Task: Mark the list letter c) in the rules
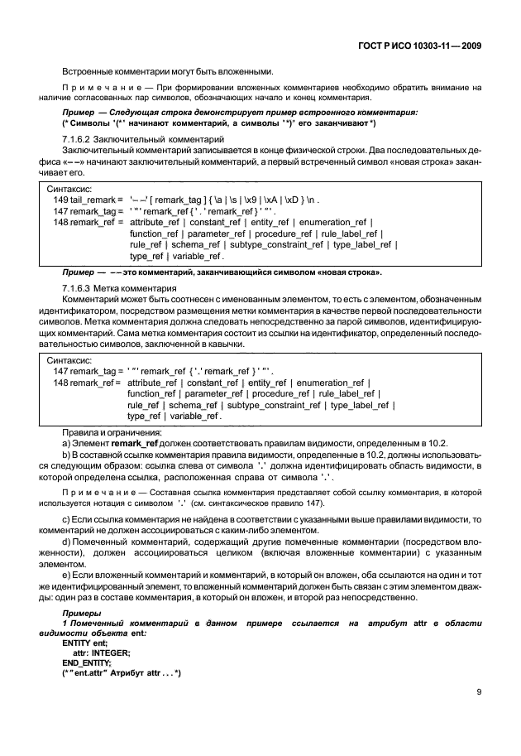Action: pyautogui.click(x=67, y=518)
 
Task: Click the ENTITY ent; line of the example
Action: pyautogui.click(x=85, y=643)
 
